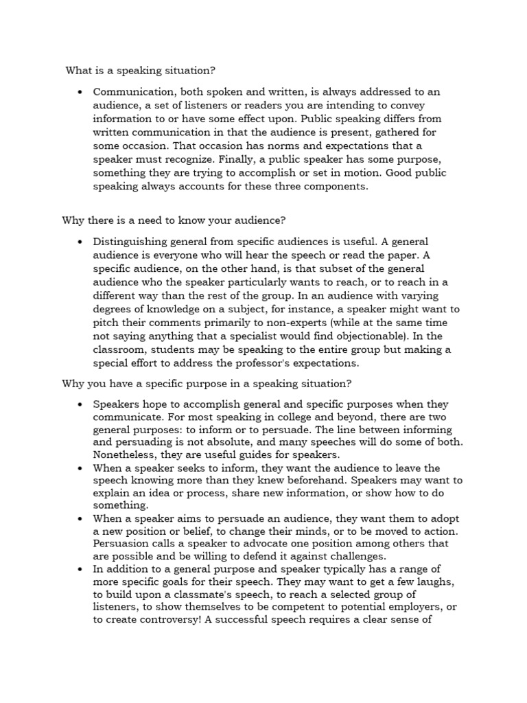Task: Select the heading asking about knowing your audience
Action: [174, 220]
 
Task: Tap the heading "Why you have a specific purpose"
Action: [207, 382]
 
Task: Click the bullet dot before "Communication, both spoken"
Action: [81, 91]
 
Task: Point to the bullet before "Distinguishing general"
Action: [81, 242]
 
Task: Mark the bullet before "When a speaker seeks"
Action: [81, 468]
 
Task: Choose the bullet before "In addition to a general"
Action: [81, 569]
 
